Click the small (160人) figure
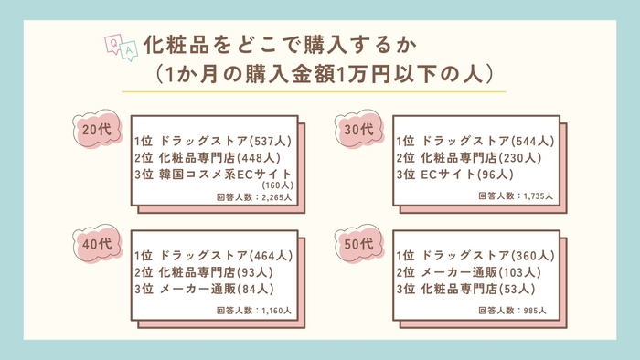(275, 185)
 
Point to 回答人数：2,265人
(253, 196)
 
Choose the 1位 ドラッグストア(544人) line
(475, 142)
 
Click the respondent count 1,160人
(253, 311)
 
